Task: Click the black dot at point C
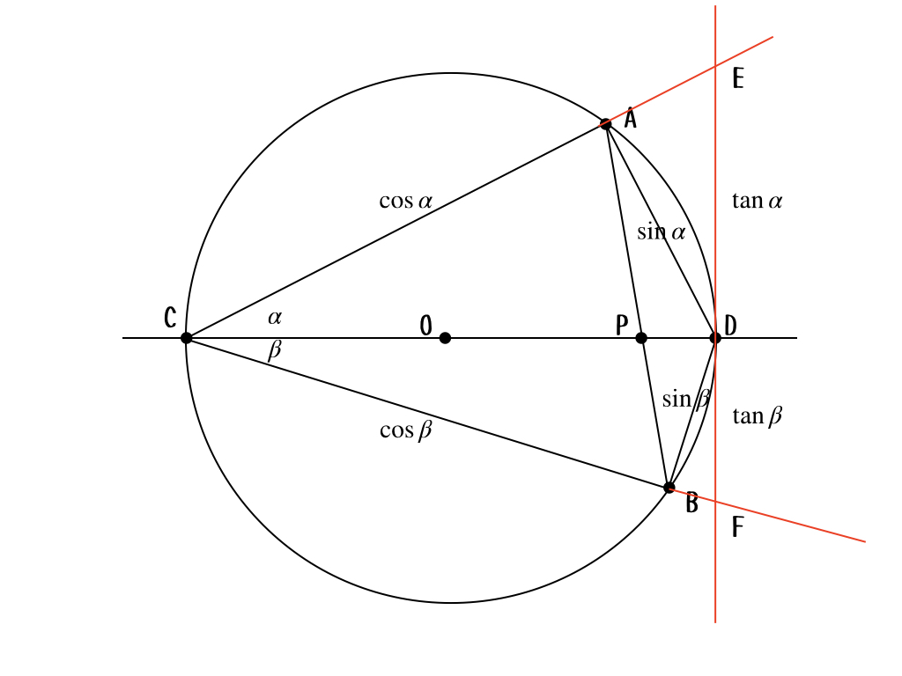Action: click(x=187, y=338)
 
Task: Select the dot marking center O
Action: click(x=445, y=338)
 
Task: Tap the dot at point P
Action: click(x=641, y=338)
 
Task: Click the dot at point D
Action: click(x=715, y=338)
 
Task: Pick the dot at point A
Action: click(x=606, y=123)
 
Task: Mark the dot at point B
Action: click(x=669, y=488)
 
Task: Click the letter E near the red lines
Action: click(x=738, y=78)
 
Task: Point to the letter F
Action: click(x=738, y=526)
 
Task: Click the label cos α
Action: click(x=405, y=201)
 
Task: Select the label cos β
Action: click(x=405, y=430)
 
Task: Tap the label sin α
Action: click(x=662, y=231)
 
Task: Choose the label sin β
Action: click(x=686, y=399)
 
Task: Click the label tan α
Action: click(x=757, y=201)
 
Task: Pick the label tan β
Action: click(x=757, y=415)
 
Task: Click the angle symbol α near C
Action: click(x=275, y=317)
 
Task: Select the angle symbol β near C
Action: click(x=275, y=349)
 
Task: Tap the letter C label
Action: click(x=170, y=317)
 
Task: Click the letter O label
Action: click(x=425, y=326)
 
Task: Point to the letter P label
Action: click(x=622, y=326)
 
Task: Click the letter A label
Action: click(x=631, y=119)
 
